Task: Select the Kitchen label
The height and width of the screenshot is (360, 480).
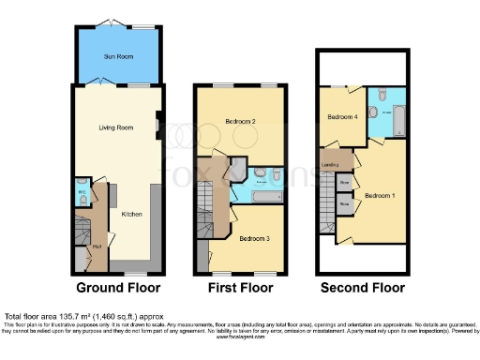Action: click(131, 214)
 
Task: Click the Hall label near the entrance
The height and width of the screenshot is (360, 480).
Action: click(97, 247)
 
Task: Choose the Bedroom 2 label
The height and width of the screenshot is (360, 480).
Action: click(241, 122)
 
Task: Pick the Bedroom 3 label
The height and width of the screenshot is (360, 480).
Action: click(254, 239)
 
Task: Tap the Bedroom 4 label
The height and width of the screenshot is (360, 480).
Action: click(342, 117)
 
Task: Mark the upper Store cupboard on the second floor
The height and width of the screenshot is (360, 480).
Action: click(345, 181)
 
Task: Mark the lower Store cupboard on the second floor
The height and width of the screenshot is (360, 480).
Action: click(345, 202)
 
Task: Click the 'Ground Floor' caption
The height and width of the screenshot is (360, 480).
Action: click(118, 287)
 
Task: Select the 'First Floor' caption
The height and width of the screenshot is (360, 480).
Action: click(240, 287)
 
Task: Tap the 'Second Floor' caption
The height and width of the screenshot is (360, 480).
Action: click(362, 287)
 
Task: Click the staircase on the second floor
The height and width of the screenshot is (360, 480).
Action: click(327, 206)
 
